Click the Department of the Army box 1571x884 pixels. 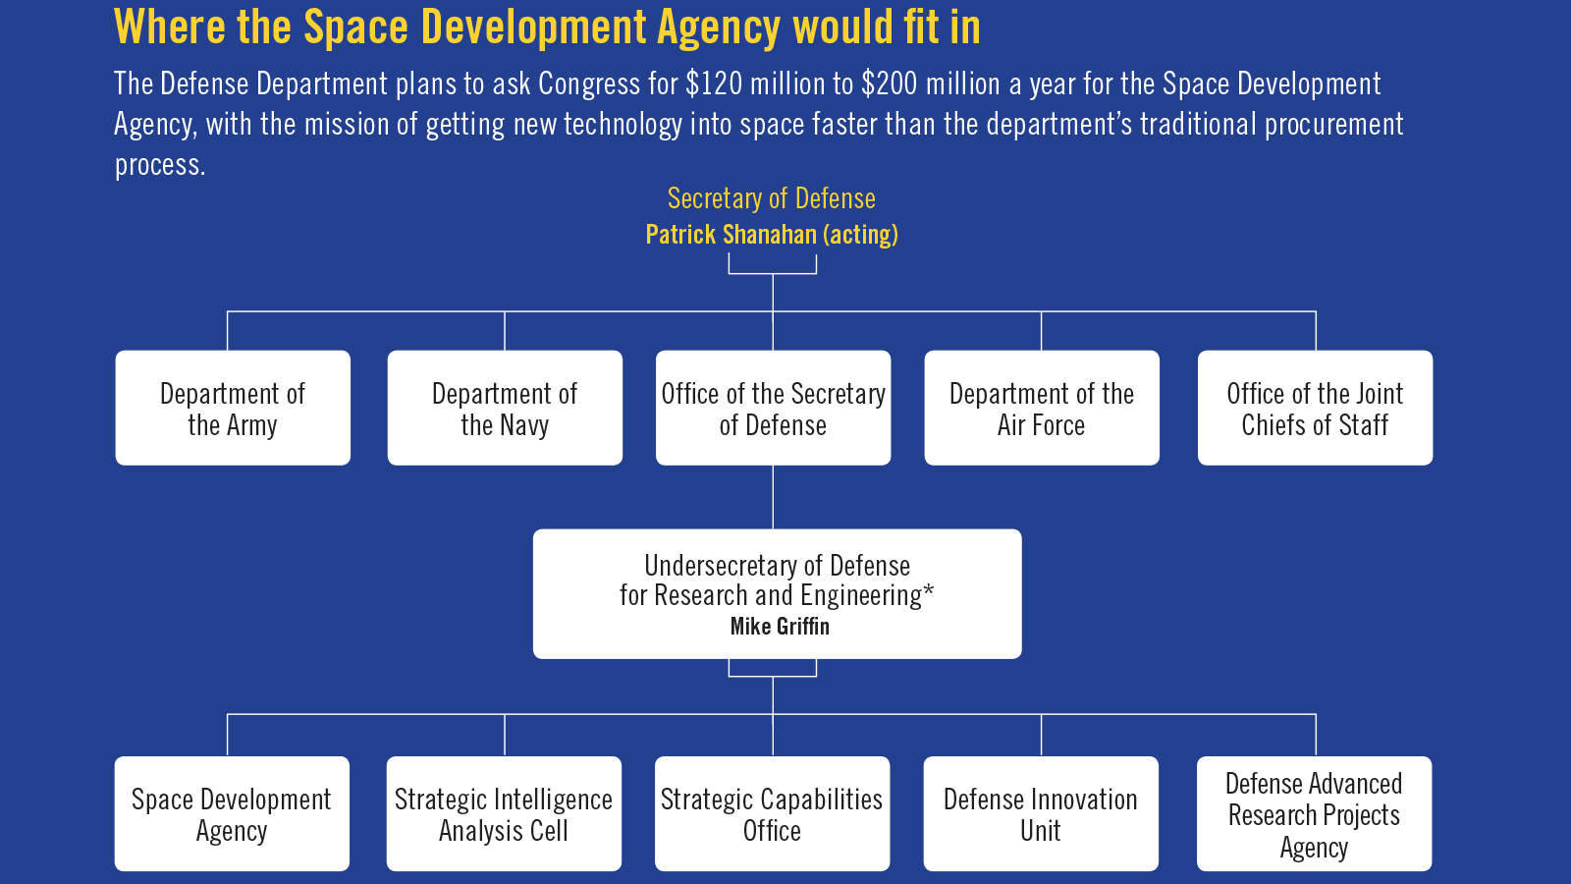coord(233,408)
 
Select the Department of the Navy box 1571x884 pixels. coord(505,408)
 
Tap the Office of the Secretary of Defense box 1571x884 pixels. coord(773,408)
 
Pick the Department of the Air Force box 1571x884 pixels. coord(1042,408)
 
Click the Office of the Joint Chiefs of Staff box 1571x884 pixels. coord(1315,408)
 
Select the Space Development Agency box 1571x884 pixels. coord(232,813)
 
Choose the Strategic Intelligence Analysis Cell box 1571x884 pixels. coord(504,813)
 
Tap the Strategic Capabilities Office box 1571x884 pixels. coord(772,813)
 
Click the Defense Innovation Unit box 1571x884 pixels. coord(1041,813)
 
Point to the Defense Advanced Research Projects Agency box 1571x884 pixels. coord(1315,813)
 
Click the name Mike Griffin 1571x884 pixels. coord(780,626)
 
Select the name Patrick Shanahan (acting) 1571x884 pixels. coord(772,235)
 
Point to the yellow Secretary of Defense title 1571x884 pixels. coord(772,198)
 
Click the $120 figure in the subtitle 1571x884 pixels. coord(714,83)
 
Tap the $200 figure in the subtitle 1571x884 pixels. coord(890,83)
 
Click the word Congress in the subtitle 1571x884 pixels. coord(589,84)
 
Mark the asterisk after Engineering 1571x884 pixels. coord(929,589)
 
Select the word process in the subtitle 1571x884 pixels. coord(160,166)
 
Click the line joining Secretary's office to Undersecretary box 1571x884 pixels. coord(773,497)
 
